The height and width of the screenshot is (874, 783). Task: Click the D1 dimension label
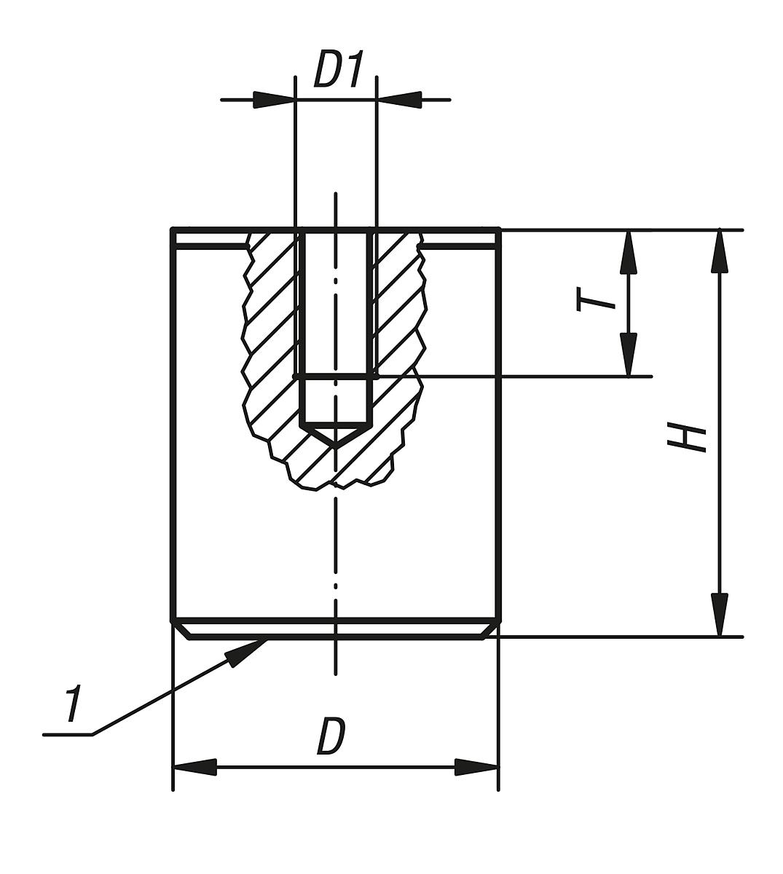click(337, 69)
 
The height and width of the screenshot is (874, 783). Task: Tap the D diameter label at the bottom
click(331, 736)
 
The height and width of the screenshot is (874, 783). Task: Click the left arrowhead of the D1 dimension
click(273, 100)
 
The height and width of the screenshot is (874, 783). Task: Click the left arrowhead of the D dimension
click(194, 768)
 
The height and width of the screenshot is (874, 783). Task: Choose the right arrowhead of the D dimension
click(476, 768)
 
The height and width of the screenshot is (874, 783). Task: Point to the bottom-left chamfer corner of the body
click(188, 638)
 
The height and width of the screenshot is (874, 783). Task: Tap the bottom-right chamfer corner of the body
click(483, 638)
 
